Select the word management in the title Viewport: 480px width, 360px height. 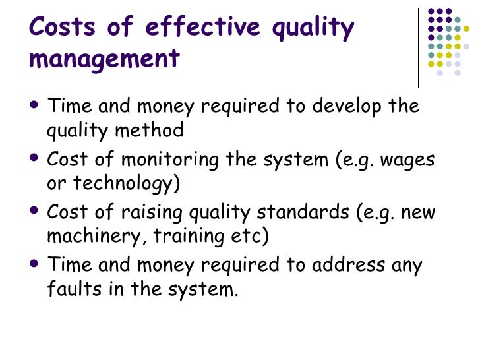pos(105,59)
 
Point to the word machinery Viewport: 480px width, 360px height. pos(89,235)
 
